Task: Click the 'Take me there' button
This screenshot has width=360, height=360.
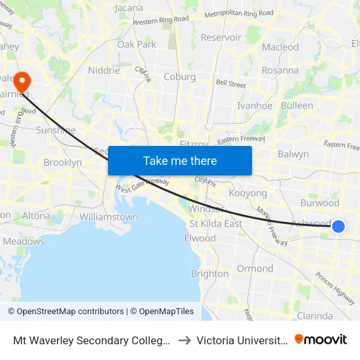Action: tap(180, 160)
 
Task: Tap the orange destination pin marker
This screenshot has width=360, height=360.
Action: tap(22, 82)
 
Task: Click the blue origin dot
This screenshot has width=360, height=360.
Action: tap(338, 226)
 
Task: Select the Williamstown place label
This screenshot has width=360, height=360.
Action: tap(108, 217)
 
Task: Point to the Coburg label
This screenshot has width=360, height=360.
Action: tap(179, 77)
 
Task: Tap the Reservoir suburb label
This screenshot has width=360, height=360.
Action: tap(221, 37)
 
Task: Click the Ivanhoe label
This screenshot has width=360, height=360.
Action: tap(255, 105)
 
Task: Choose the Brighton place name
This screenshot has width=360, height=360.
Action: tap(209, 274)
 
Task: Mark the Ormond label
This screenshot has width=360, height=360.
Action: tap(255, 268)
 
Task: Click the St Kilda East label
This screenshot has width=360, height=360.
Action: tap(215, 224)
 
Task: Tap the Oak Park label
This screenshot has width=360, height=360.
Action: tap(137, 45)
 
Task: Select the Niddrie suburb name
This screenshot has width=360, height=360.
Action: tap(104, 71)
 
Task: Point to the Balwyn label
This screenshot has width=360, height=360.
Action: tap(293, 154)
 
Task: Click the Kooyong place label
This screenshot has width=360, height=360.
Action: tap(248, 194)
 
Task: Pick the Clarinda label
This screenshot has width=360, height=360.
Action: tap(315, 315)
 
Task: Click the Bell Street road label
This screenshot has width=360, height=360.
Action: tap(230, 84)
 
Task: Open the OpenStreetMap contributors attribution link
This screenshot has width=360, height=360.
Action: tap(65, 312)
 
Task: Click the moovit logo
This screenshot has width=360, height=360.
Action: tap(321, 340)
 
